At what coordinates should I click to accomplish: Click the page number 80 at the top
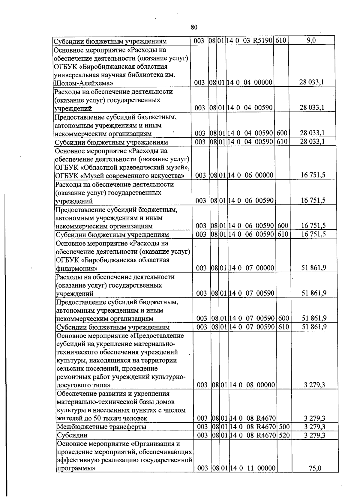tap(194, 27)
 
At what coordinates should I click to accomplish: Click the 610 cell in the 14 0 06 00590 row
tap(282, 234)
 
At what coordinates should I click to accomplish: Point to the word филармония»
tap(77, 268)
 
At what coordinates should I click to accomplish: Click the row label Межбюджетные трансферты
tap(101, 427)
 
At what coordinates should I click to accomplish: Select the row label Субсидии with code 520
tap(72, 435)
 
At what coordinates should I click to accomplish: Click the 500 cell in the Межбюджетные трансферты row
tap(284, 426)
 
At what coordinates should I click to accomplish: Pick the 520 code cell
tap(284, 435)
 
